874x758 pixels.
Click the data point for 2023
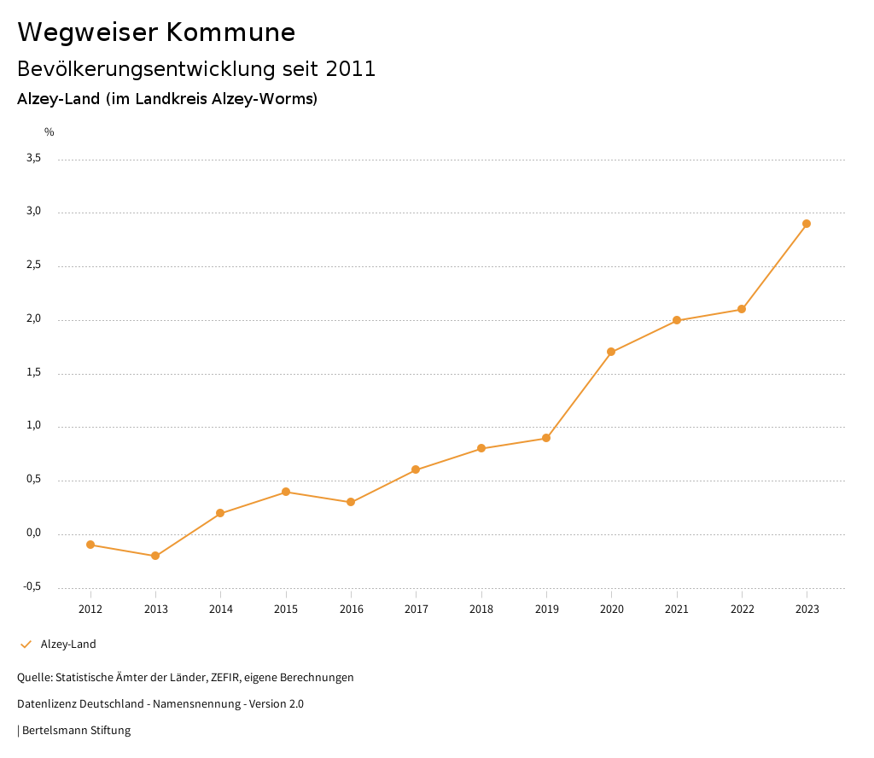click(807, 224)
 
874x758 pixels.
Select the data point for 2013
click(155, 556)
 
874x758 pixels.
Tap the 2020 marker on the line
click(611, 352)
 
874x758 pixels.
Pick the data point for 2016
click(351, 502)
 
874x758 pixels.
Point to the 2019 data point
click(546, 438)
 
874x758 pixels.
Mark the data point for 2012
click(90, 545)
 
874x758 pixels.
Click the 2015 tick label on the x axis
click(286, 609)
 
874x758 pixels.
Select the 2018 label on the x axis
click(481, 609)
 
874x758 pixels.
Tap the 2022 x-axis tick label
click(742, 609)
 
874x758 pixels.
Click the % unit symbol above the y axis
click(50, 132)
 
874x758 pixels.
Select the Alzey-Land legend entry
click(68, 644)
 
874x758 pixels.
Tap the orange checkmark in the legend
click(26, 644)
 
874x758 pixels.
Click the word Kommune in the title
click(230, 32)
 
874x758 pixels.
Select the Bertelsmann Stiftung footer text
click(76, 731)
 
